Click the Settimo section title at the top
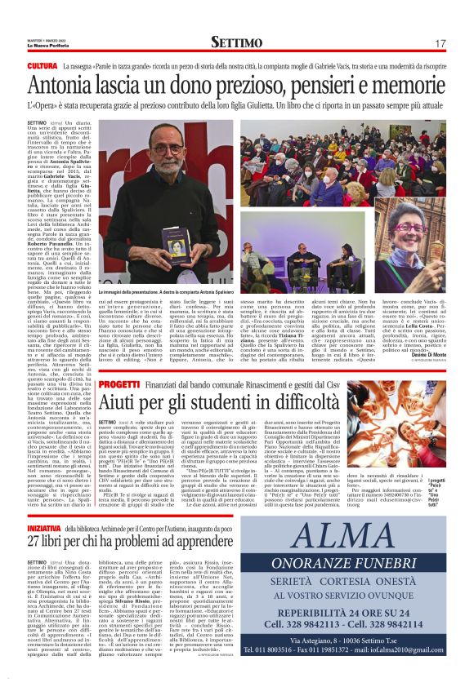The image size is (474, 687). click(236, 42)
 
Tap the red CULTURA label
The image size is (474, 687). click(42, 65)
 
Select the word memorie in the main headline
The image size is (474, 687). click(407, 85)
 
